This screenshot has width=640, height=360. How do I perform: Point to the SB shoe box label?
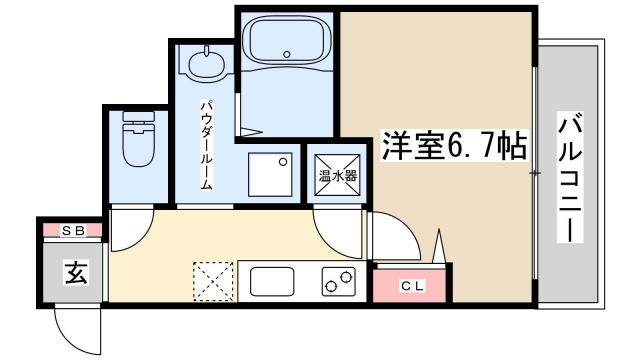point(72,230)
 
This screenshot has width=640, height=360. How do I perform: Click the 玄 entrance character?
point(74,270)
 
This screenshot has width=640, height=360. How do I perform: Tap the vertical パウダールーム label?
point(205,144)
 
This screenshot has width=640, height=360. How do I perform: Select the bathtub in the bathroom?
point(288,43)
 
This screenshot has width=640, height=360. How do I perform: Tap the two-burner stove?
point(337,282)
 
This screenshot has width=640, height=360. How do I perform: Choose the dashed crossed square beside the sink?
point(212,281)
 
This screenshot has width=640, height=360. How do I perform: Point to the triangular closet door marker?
point(440,245)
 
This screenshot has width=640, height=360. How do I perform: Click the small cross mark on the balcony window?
point(536,175)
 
